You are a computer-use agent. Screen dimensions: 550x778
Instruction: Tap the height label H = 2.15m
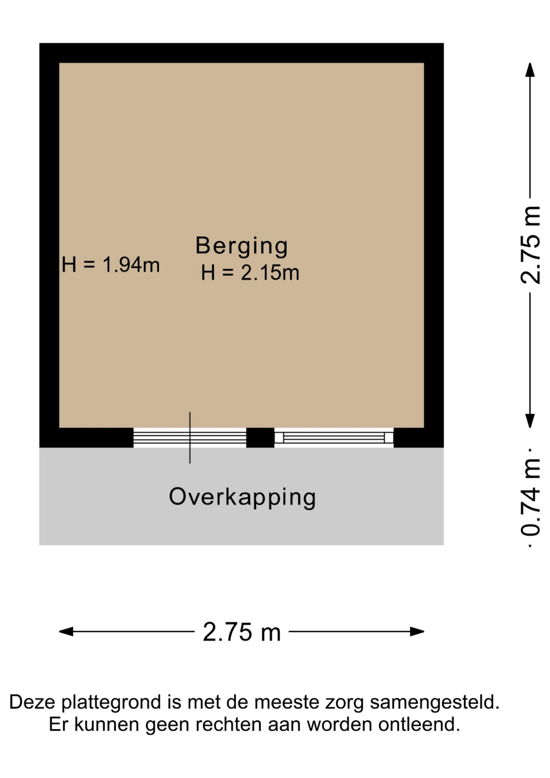tap(250, 272)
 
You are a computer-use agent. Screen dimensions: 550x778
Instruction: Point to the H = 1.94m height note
tap(111, 265)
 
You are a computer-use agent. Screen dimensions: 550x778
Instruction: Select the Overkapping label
tap(242, 497)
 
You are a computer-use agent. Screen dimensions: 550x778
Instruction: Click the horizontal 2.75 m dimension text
tap(242, 632)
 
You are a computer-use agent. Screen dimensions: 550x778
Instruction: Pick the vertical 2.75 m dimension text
tap(531, 245)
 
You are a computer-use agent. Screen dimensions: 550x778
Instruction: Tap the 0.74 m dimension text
tap(531, 497)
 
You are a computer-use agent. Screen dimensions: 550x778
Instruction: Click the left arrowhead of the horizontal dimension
tap(66, 631)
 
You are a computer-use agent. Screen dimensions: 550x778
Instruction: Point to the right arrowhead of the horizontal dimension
tap(417, 631)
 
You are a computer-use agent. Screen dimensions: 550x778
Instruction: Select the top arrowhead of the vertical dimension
tap(530, 69)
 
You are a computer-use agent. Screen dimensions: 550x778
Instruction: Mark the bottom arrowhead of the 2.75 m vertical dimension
tap(530, 421)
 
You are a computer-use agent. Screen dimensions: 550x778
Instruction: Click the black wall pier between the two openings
tap(260, 438)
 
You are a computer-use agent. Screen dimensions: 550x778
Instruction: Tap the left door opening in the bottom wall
tap(190, 438)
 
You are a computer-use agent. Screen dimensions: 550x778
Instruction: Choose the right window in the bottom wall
tap(334, 438)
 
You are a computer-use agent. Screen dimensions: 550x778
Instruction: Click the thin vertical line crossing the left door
tap(190, 438)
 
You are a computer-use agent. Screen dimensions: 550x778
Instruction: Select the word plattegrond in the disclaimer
tap(114, 703)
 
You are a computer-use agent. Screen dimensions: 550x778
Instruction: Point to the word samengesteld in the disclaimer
tap(435, 703)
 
